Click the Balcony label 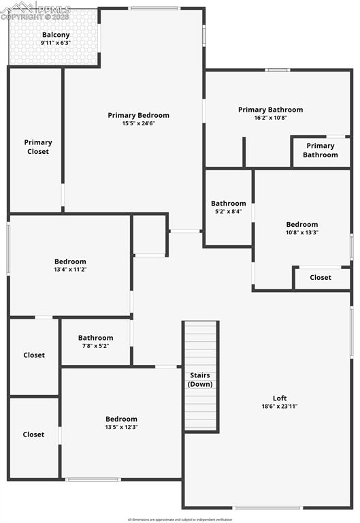click(56, 35)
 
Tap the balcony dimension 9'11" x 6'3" click(56, 43)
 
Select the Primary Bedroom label click(138, 115)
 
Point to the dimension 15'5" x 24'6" click(138, 123)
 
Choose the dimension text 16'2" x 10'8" click(270, 118)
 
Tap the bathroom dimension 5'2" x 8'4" click(228, 211)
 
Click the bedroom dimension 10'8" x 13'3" click(301, 232)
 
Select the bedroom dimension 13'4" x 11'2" click(70, 270)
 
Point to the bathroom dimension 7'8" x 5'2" click(95, 346)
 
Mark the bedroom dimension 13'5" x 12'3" click(121, 427)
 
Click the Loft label click(280, 398)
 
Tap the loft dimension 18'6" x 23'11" click(280, 407)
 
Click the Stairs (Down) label click(200, 380)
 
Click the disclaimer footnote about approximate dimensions click(180, 519)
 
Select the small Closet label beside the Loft click(321, 277)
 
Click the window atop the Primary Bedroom click(154, 8)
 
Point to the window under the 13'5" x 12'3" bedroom click(93, 479)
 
